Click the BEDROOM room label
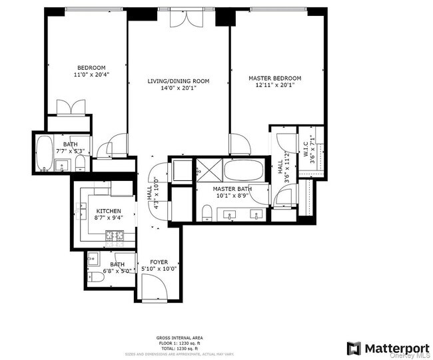click(91, 67)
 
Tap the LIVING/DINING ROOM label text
click(179, 81)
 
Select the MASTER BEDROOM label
click(275, 78)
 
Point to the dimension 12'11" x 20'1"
click(275, 85)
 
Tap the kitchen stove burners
click(115, 235)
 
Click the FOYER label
click(159, 262)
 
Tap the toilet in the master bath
click(207, 213)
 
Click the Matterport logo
click(382, 348)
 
